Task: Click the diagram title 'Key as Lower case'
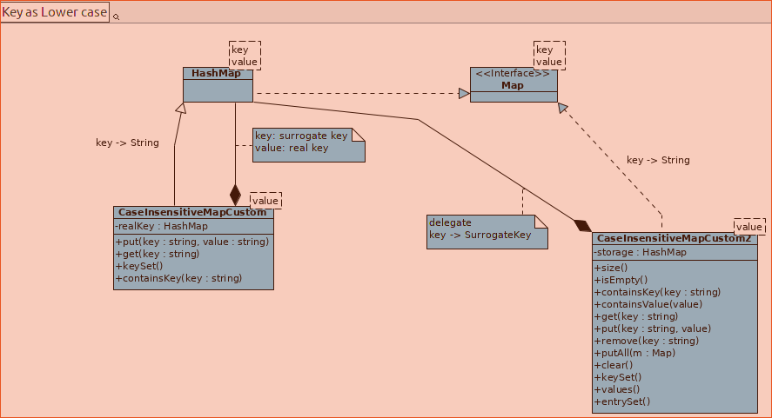[55, 12]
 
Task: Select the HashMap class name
[216, 74]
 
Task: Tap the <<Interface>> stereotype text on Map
[513, 74]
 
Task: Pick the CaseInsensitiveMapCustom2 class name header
[673, 238]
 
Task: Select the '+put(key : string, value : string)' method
[191, 242]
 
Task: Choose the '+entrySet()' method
[622, 401]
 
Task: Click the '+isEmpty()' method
[621, 280]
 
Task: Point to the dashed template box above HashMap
[245, 55]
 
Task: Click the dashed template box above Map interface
[549, 55]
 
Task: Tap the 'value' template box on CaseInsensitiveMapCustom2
[749, 226]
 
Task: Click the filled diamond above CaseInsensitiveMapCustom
[235, 195]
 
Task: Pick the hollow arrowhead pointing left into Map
[465, 93]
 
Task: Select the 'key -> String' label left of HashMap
[127, 143]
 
